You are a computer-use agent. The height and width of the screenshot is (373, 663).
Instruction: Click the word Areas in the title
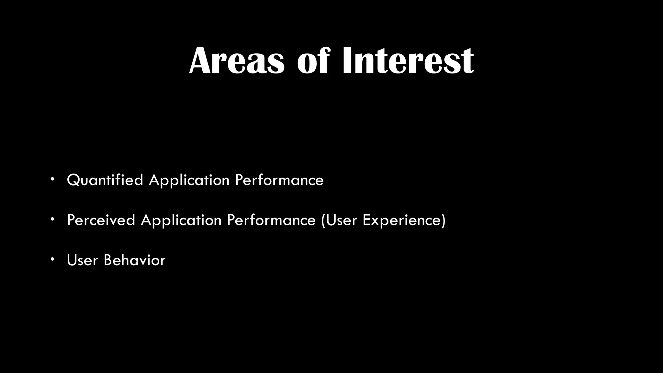(237, 61)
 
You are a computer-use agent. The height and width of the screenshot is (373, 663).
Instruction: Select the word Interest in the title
(408, 61)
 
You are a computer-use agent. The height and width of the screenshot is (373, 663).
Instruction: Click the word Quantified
(105, 180)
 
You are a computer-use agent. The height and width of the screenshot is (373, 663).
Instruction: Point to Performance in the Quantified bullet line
(279, 180)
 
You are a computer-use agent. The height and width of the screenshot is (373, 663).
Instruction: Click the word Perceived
(101, 220)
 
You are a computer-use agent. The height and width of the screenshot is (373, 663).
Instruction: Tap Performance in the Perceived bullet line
(271, 220)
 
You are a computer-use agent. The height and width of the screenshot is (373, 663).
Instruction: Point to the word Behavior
(134, 260)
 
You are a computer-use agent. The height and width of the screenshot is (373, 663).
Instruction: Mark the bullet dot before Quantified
(52, 179)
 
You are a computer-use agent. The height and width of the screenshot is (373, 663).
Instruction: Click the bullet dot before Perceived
(52, 220)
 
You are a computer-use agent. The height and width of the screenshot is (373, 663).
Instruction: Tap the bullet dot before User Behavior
(52, 259)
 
